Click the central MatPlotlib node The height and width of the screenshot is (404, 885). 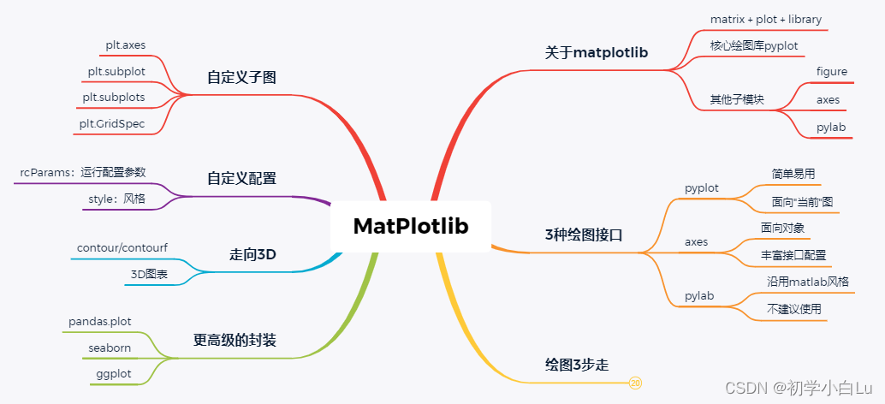[x=411, y=226]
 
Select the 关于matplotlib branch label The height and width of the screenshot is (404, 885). [x=596, y=52]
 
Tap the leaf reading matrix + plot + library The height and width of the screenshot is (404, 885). [x=754, y=19]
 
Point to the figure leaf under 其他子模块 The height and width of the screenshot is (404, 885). [x=832, y=71]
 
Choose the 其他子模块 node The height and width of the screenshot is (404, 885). [x=736, y=99]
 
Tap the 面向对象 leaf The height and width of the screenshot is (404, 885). [x=782, y=228]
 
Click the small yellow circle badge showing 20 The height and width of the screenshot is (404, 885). [x=635, y=383]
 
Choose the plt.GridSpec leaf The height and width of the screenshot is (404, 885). [x=112, y=124]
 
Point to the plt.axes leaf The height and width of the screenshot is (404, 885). [x=125, y=45]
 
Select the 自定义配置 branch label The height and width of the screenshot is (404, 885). [x=241, y=178]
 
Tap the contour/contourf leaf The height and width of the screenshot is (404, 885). [x=122, y=248]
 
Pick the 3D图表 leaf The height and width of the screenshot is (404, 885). [x=149, y=275]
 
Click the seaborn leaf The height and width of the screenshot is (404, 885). [x=110, y=348]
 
